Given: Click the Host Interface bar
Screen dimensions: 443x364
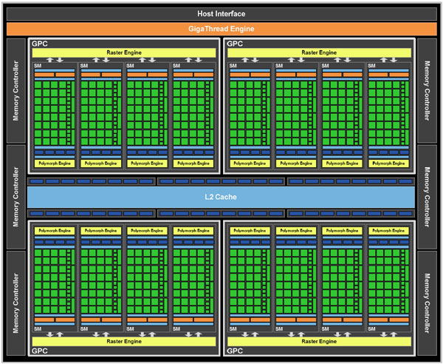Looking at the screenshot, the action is pos(221,14).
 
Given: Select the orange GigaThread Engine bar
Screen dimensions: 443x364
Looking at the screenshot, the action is pos(221,29).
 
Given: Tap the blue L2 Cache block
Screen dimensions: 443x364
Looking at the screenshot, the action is pos(221,197).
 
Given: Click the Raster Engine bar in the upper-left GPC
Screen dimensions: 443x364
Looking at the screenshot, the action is pos(124,53).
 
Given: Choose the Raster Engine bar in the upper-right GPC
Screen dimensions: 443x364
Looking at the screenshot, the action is pos(319,53).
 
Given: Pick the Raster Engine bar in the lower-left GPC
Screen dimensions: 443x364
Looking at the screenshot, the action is pos(124,341).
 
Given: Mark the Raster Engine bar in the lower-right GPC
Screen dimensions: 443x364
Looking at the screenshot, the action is pos(319,341).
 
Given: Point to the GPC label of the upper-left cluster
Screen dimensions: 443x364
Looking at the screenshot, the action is pos(40,44).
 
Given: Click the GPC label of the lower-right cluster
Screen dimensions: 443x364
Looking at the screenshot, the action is pos(235,351).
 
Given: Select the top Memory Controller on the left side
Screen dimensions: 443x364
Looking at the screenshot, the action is pos(16,90).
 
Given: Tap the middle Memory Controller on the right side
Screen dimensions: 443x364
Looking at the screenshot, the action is pos(427,197).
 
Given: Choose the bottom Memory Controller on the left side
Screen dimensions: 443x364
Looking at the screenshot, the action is pos(16,303).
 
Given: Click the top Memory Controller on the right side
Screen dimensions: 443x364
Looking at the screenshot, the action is pos(427,90).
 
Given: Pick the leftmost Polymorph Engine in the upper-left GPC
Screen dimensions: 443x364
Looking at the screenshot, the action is pos(55,164).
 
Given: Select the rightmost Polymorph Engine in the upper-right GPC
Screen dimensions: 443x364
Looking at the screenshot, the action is pos(388,164).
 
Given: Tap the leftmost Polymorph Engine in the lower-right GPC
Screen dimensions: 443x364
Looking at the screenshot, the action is pos(250,231).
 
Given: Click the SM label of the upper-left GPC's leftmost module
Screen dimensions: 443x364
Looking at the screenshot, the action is pos(38,66).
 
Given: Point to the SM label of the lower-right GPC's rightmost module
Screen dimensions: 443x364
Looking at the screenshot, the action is pos(371,329).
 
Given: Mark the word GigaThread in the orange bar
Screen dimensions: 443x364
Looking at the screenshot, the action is pos(208,29).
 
